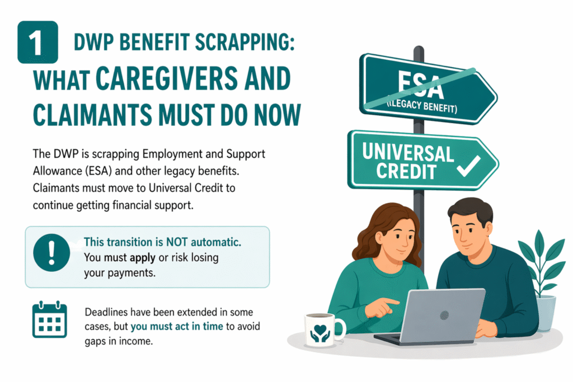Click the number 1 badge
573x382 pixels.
(x=38, y=42)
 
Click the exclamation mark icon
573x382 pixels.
(x=51, y=253)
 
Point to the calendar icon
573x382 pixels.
(x=49, y=320)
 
